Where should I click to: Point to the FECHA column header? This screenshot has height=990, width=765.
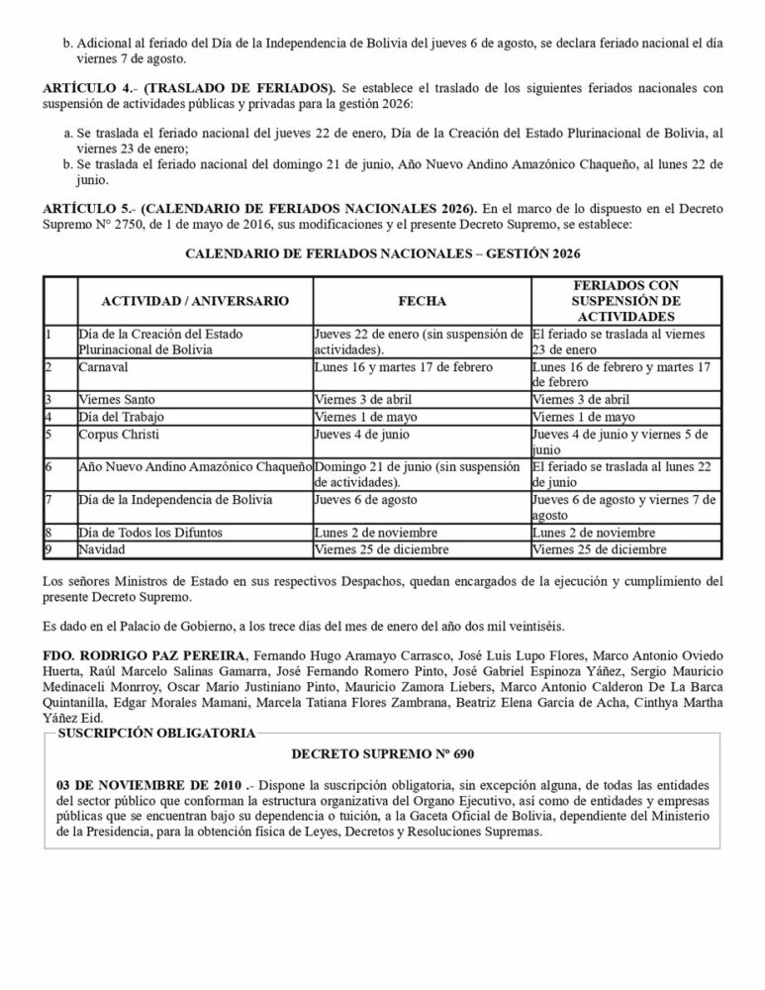click(x=422, y=300)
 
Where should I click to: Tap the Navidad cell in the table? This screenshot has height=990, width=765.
click(x=104, y=548)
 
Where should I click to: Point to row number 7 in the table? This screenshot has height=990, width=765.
click(x=48, y=500)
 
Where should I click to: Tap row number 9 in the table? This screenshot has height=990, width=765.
click(x=48, y=548)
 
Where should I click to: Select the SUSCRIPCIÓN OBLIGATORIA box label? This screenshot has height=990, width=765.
click(x=156, y=733)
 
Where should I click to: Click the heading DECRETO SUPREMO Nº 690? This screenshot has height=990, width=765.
click(x=383, y=752)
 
